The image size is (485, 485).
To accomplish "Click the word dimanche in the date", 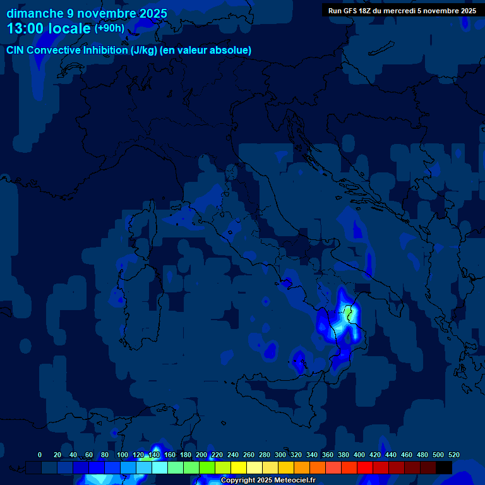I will pyautogui.click(x=34, y=13).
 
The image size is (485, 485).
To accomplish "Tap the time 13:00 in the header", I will pyautogui.click(x=27, y=28).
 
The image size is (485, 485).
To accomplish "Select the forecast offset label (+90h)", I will pyautogui.click(x=109, y=28).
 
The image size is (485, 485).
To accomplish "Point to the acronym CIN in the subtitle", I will pyautogui.click(x=15, y=51).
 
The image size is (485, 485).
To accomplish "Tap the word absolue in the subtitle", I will pyautogui.click(x=232, y=51).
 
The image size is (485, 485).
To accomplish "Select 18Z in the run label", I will pyautogui.click(x=372, y=11).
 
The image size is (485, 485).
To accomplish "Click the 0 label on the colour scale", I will pyautogui.click(x=40, y=455).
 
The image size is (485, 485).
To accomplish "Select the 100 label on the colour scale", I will pyautogui.click(x=123, y=455).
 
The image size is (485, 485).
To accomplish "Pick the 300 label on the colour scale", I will pyautogui.click(x=280, y=455).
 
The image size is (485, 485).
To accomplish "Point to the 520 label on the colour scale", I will pyautogui.click(x=453, y=455).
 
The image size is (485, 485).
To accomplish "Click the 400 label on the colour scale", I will pyautogui.click(x=359, y=455).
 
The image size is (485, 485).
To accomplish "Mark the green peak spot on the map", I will pyautogui.click(x=347, y=312).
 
